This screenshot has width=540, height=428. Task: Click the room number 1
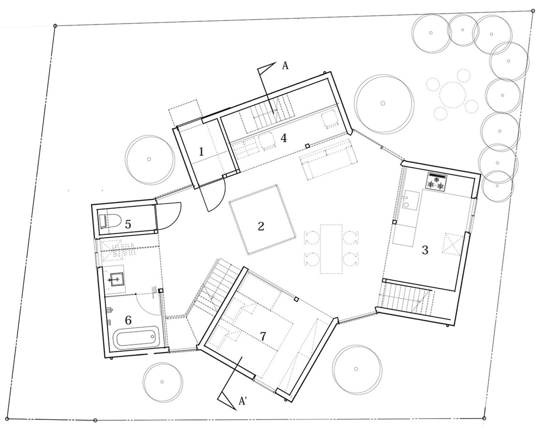tap(201, 151)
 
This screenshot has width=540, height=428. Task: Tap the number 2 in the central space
tap(261, 226)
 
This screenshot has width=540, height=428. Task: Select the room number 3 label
tap(425, 250)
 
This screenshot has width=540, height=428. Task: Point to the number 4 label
tap(284, 138)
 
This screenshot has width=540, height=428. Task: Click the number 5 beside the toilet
tap(128, 224)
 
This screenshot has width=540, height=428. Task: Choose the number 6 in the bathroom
tap(128, 320)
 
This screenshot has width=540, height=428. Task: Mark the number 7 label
tap(263, 336)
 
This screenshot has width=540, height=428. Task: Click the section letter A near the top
tap(285, 66)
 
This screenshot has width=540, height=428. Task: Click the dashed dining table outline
tap(331, 249)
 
